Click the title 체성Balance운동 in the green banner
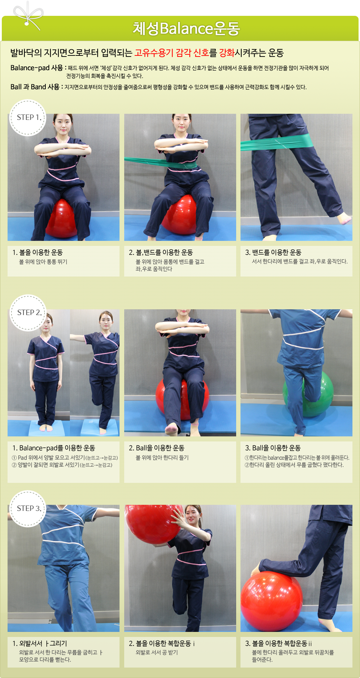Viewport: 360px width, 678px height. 186,28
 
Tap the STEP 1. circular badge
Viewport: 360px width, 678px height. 28,117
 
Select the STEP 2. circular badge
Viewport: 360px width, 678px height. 28,313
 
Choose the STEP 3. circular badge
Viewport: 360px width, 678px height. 28,508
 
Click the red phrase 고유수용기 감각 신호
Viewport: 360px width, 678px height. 172,53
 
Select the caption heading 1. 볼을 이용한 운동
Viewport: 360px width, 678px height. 38,252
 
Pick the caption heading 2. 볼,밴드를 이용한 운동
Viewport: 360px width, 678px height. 161,252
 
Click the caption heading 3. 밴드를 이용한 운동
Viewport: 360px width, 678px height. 273,252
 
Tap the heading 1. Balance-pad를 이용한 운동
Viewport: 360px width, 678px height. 54,448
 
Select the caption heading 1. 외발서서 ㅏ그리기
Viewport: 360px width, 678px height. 40,643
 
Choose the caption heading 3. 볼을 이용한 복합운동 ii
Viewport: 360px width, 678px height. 279,643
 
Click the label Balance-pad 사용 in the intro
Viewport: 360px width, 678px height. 37,68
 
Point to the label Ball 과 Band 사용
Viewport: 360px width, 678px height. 35,87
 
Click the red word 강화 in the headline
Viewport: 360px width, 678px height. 227,53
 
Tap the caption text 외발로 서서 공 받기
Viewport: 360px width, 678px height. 157,652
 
